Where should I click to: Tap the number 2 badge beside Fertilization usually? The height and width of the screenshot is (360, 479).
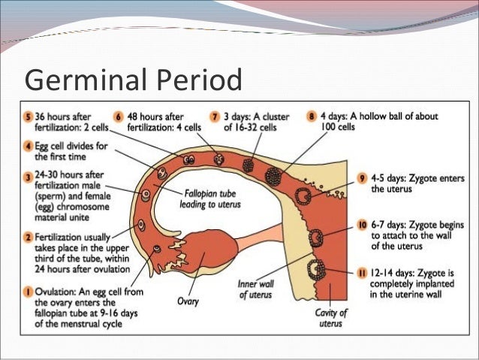tap(28, 236)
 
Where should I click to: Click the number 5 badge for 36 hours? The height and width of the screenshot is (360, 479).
tap(28, 117)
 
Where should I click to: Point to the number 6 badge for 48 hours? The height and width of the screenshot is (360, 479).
tap(119, 117)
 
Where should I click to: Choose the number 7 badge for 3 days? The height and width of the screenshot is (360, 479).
tap(216, 117)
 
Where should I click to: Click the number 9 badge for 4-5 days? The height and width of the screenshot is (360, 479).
tap(363, 178)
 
